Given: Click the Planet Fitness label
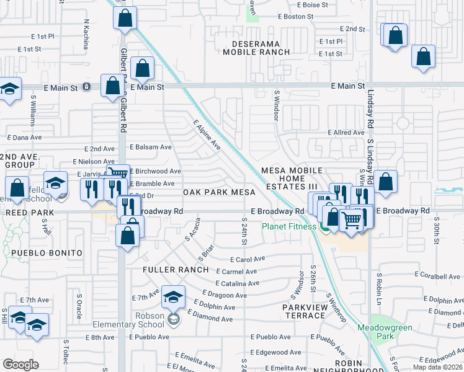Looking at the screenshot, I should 289,226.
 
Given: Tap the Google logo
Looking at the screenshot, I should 20,365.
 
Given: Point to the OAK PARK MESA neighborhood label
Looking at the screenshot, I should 216,193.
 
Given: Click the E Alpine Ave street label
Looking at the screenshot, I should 207,135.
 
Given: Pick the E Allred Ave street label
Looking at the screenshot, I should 346,133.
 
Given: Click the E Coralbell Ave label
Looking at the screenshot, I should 440,275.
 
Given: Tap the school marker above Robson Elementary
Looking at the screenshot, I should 174,298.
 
